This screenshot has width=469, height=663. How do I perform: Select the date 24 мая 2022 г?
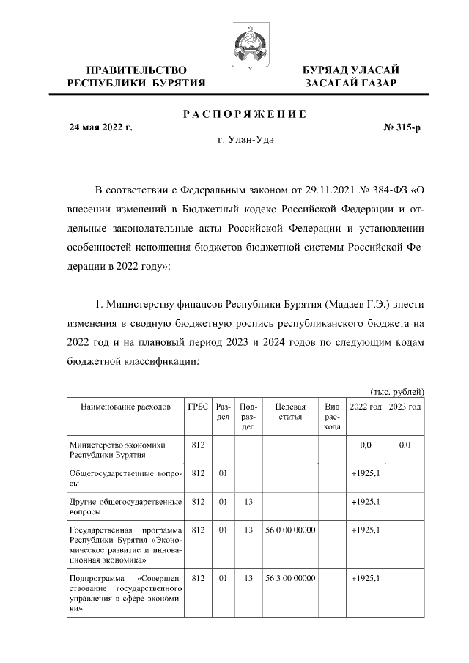[100, 127]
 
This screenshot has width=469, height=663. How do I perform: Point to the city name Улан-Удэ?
[248, 141]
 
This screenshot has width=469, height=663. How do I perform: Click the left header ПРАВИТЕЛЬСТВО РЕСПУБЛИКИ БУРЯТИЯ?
[136, 76]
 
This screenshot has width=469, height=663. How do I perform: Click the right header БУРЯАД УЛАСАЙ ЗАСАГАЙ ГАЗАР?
[351, 76]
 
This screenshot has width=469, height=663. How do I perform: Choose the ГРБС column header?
[197, 407]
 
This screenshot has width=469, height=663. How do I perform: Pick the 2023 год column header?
[404, 407]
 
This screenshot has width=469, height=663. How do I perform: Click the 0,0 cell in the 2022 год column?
[366, 444]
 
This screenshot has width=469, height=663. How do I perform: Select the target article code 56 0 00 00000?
[289, 529]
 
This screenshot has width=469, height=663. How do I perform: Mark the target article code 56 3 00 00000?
[289, 578]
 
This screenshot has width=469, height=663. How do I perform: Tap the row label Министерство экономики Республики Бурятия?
[116, 449]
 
